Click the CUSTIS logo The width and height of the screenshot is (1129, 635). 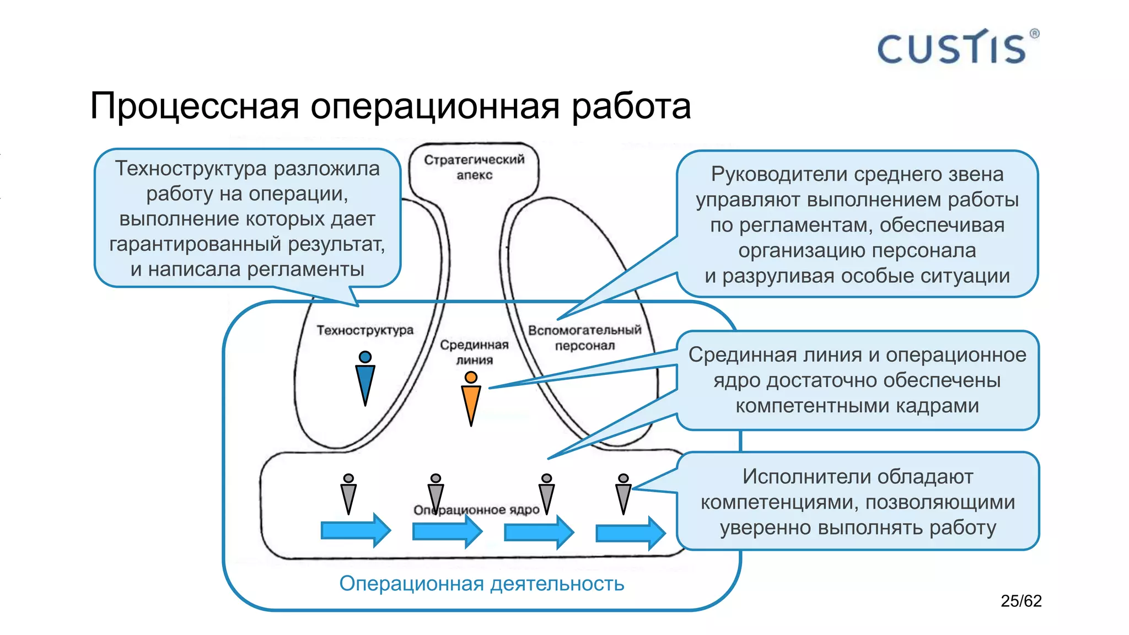[951, 48]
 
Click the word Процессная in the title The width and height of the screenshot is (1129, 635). [194, 106]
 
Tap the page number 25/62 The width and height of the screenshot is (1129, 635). [1021, 601]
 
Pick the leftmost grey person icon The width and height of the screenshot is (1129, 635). [348, 494]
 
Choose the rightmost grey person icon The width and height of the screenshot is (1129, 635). [623, 494]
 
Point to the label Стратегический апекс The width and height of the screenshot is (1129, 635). [474, 167]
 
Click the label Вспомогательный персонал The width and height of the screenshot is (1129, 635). [584, 337]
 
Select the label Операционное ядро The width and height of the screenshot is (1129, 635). [476, 510]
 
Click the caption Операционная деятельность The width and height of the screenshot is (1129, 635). [481, 583]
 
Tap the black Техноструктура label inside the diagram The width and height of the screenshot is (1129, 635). [364, 330]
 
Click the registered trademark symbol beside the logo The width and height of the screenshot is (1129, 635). [1034, 34]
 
